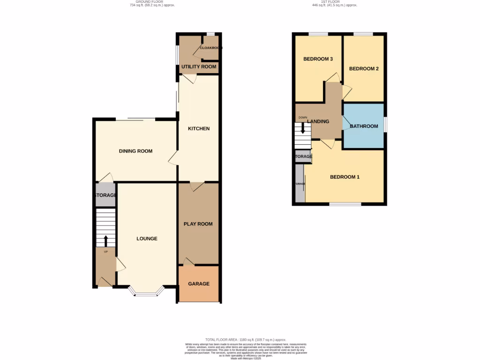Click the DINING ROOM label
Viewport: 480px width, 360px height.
135,151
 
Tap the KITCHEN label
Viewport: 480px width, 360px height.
199,128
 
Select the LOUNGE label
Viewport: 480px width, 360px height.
147,239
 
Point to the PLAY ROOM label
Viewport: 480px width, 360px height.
198,224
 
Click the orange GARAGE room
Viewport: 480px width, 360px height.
199,284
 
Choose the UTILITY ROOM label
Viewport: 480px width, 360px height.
199,67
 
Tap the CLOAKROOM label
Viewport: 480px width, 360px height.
210,48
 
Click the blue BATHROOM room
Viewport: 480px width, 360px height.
364,126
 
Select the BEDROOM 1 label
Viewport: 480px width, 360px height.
345,177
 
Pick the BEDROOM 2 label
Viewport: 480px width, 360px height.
364,68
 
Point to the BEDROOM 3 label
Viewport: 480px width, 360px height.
318,59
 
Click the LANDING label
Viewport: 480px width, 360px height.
318,121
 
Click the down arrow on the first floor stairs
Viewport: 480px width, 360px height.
303,128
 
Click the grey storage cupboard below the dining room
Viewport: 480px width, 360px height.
105,195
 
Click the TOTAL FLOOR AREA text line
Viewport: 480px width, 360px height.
246,340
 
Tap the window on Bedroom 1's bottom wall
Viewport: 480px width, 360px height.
345,204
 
